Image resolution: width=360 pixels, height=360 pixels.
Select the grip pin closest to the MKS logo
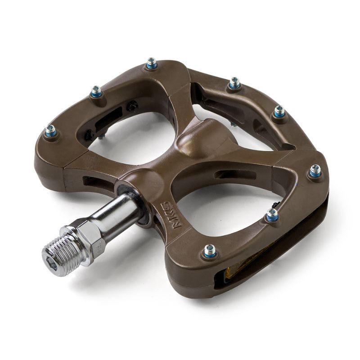[x=210, y=251]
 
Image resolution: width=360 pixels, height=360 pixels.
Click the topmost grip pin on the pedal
[x=152, y=64]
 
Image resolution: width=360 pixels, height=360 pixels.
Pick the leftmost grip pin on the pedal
[x=50, y=131]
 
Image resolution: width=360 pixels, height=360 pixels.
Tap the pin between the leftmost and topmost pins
[x=96, y=93]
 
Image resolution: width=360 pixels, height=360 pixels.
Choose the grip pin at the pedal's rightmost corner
[x=315, y=171]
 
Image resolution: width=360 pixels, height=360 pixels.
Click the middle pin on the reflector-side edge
[x=272, y=216]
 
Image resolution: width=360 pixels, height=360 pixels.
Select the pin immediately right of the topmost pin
[x=234, y=84]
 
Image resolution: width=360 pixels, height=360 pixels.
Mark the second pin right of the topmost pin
[x=279, y=111]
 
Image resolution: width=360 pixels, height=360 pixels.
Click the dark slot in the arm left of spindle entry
[x=92, y=182]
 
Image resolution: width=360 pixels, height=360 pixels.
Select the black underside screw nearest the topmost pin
[x=132, y=106]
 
